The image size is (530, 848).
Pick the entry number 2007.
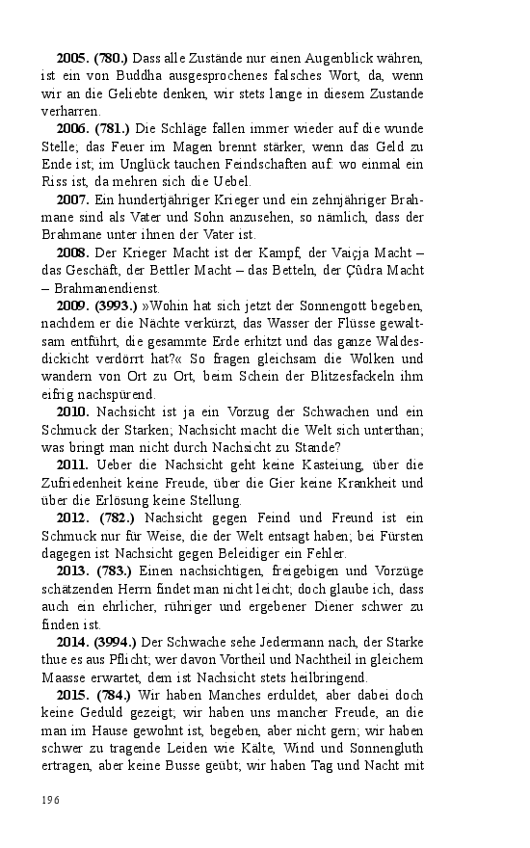click(x=72, y=199)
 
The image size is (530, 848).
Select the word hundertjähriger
click(x=146, y=199)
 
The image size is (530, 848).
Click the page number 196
click(x=51, y=800)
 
